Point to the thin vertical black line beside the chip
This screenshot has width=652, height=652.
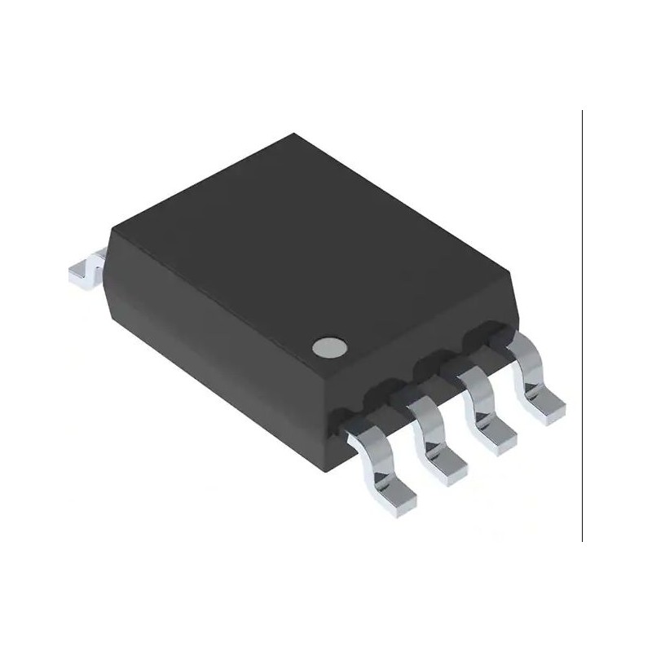[x=582, y=326]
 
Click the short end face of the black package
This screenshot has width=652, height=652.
[x=220, y=359]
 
